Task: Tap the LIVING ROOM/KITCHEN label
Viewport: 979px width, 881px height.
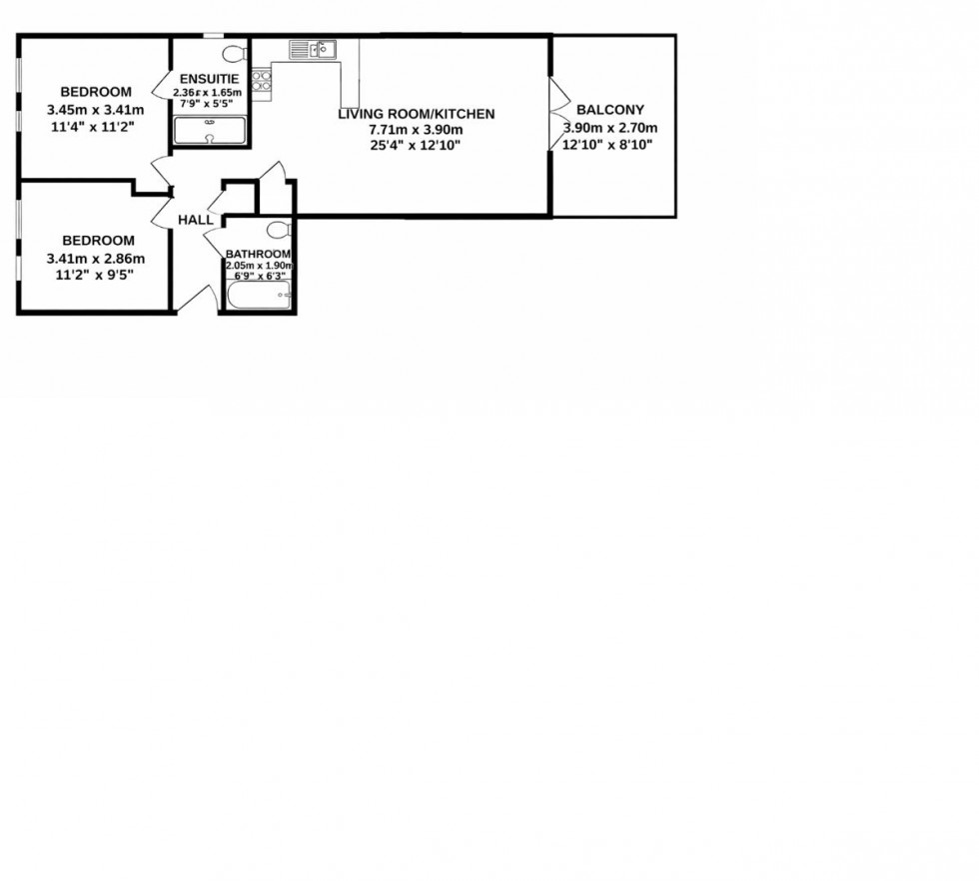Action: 416,114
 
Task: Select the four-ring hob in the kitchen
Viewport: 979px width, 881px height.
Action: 262,80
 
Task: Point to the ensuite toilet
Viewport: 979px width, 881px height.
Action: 234,53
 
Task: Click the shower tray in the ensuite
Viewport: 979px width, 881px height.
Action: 210,131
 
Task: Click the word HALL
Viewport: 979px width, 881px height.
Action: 195,220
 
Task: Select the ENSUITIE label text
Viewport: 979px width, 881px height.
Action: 209,79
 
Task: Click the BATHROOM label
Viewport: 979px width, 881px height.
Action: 258,254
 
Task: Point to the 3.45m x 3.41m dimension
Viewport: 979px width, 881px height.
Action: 95,110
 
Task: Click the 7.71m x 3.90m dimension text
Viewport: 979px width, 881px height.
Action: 416,130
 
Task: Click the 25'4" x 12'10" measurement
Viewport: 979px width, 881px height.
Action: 416,146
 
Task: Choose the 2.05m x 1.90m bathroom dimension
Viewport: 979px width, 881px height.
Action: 258,266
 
